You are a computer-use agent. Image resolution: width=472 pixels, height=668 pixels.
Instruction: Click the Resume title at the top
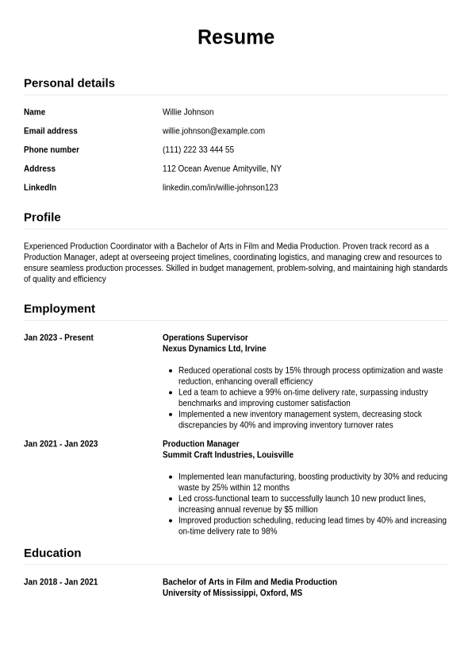(x=236, y=37)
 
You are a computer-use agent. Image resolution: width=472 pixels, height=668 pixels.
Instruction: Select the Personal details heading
(x=69, y=83)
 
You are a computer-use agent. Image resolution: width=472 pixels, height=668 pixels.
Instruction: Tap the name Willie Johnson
(x=188, y=112)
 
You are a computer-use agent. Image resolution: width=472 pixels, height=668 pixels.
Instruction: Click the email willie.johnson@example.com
(x=213, y=131)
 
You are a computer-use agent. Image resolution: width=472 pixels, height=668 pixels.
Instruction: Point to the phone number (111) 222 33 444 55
(x=198, y=149)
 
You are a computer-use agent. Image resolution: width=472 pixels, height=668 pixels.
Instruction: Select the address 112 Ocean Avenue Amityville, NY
(x=222, y=168)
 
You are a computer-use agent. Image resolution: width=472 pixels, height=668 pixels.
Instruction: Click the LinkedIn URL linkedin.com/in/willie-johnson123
(x=220, y=187)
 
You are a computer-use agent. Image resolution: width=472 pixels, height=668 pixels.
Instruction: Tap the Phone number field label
(x=52, y=149)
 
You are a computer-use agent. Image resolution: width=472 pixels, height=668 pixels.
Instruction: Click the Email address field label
(x=51, y=131)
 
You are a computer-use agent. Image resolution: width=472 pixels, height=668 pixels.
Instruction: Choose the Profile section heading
(x=42, y=217)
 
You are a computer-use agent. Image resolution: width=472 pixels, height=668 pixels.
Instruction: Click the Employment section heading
(x=59, y=308)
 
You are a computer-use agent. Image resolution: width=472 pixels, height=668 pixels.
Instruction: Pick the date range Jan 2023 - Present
(x=59, y=338)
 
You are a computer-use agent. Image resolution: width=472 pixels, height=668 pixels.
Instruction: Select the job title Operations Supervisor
(x=205, y=338)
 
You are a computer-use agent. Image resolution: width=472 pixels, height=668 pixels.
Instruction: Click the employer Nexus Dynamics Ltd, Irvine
(x=214, y=349)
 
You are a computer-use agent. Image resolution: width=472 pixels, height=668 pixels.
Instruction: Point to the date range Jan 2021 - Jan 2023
(x=61, y=444)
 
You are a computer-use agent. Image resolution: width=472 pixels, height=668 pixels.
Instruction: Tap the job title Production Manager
(x=201, y=444)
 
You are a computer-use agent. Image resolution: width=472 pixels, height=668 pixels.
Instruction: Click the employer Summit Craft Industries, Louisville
(x=228, y=455)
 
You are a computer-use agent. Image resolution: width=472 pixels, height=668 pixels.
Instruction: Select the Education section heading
(x=52, y=553)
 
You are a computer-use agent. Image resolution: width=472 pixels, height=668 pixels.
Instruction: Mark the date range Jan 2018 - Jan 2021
(x=61, y=582)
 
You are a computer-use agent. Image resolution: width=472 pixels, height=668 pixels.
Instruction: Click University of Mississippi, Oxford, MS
(x=232, y=593)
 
